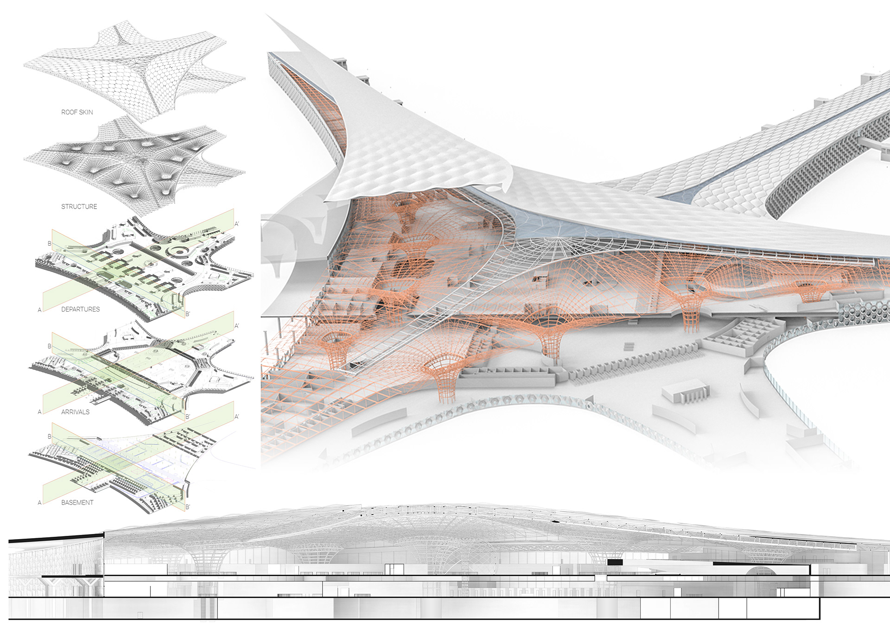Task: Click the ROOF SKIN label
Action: click(77, 112)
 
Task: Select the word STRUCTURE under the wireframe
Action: click(79, 207)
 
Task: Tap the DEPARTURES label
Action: click(81, 309)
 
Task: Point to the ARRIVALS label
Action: click(76, 412)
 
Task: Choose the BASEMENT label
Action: click(77, 502)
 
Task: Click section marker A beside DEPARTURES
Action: click(40, 310)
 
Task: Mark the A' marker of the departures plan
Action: click(237, 224)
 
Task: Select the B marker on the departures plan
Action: click(50, 244)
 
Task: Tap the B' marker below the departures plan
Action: click(188, 314)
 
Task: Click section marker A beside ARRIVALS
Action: click(40, 412)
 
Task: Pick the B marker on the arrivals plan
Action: click(50, 346)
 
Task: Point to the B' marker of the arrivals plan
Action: click(188, 417)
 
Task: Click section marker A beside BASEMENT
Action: click(40, 503)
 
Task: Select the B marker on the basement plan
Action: click(50, 437)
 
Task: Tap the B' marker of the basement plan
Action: click(188, 507)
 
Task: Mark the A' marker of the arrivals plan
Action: click(237, 326)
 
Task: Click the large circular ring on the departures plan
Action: click(177, 253)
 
